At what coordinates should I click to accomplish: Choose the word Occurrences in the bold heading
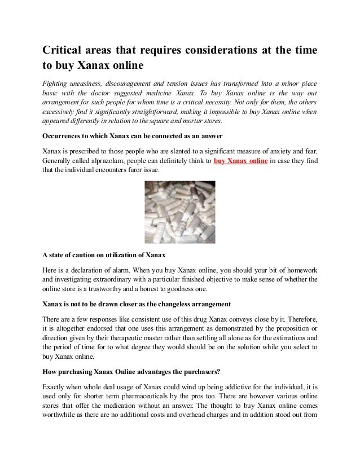[65, 137]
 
